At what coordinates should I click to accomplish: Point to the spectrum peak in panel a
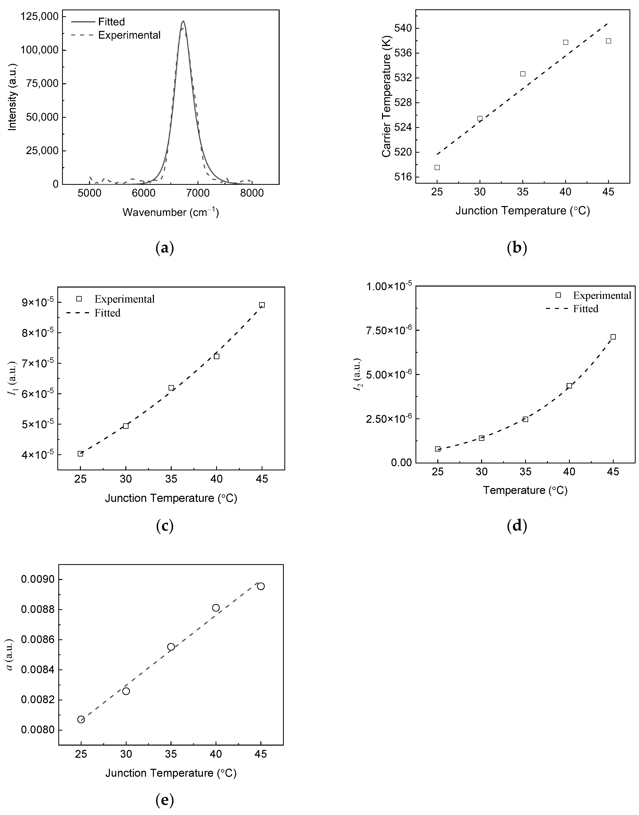coord(183,21)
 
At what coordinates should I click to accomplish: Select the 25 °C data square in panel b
coord(437,167)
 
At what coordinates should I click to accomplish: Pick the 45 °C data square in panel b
coord(608,41)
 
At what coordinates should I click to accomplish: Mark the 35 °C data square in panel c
coord(171,388)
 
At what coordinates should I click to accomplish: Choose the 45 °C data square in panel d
coord(613,337)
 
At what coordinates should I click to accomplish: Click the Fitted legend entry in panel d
coord(585,309)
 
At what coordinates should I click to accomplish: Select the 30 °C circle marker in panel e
coord(126,691)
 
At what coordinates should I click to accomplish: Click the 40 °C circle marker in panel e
coord(216,608)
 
